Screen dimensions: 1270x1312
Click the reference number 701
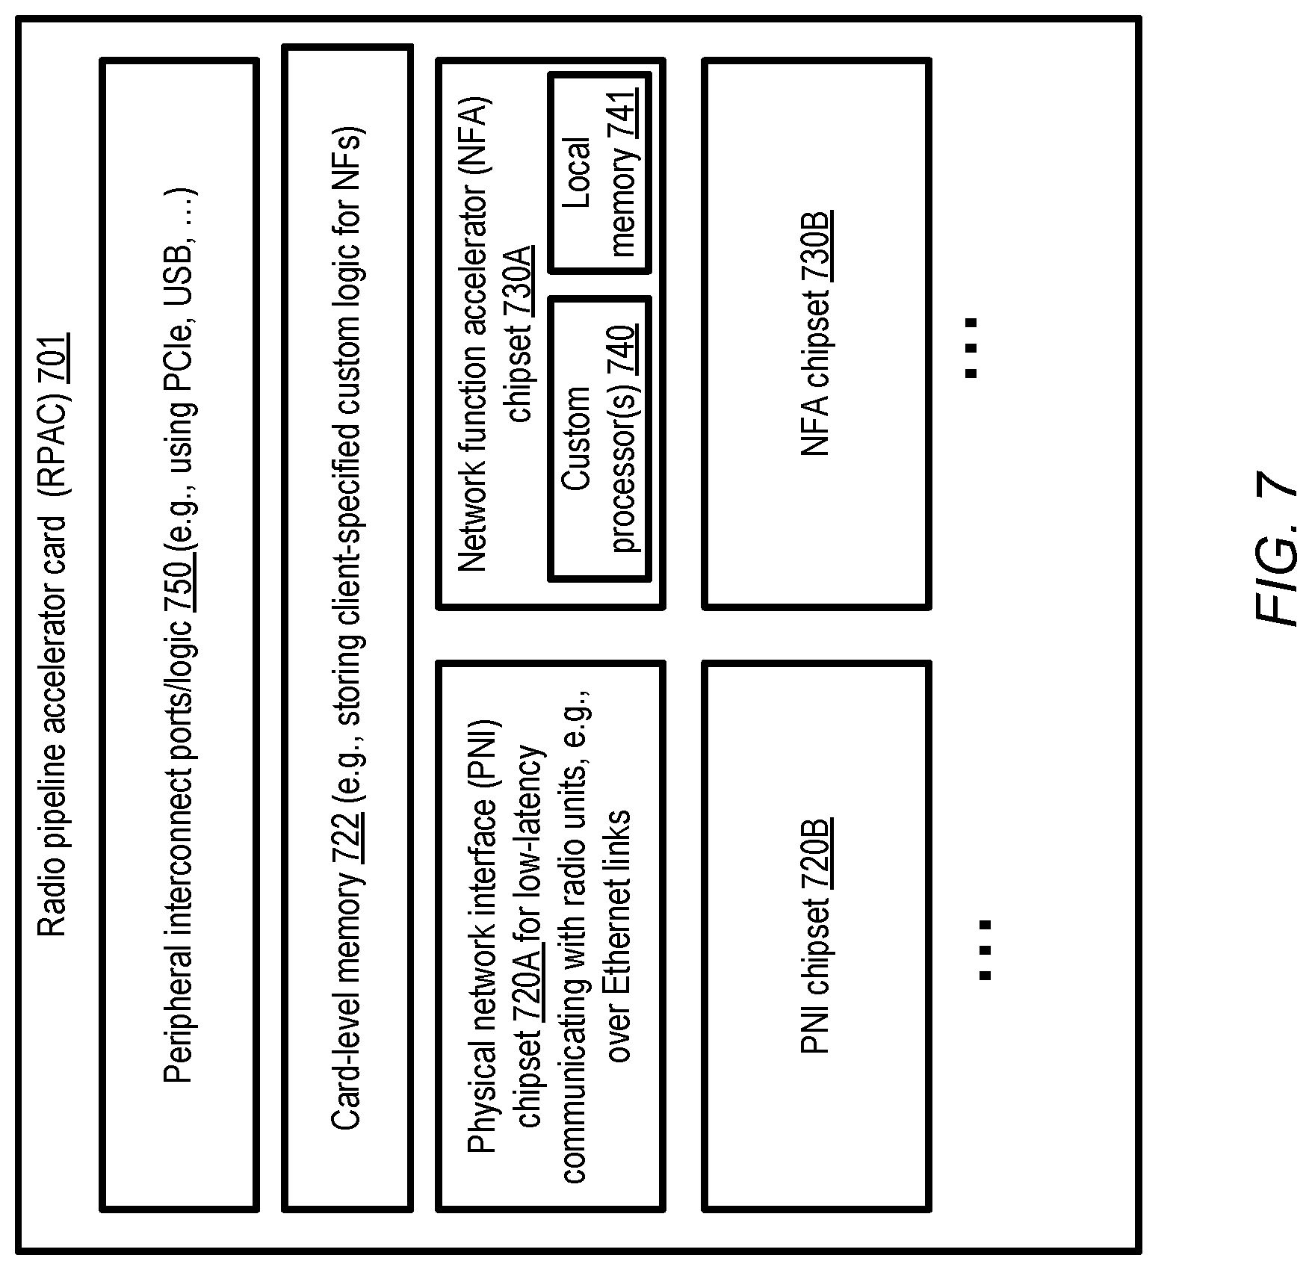[x=53, y=359]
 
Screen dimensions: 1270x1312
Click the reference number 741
[x=623, y=112]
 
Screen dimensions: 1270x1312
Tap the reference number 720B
[x=816, y=852]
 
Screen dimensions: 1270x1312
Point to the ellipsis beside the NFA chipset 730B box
[x=971, y=347]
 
